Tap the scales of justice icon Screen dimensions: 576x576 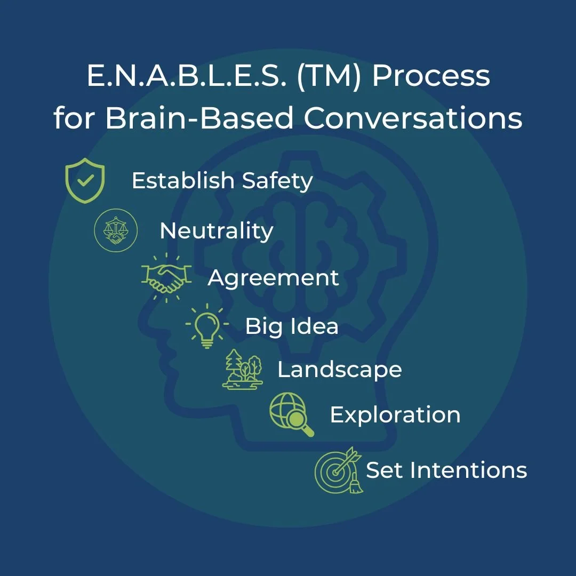[x=116, y=230]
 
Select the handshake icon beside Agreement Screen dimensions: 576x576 [x=166, y=278]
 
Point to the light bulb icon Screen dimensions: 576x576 [x=207, y=325]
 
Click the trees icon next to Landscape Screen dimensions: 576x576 [x=243, y=370]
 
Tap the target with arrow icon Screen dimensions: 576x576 [x=338, y=470]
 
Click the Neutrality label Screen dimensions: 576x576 [x=216, y=231]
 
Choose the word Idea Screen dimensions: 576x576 [x=314, y=326]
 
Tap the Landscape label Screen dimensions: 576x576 [x=339, y=370]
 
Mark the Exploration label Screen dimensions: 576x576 [x=395, y=415]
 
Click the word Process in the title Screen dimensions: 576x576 [x=431, y=77]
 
